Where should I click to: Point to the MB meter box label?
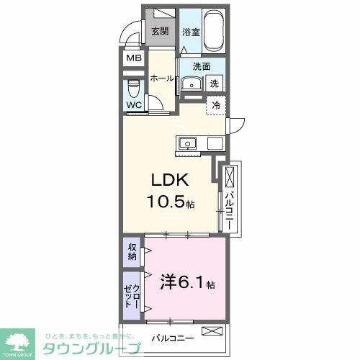[x=134, y=58]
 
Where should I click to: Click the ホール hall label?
[x=162, y=79]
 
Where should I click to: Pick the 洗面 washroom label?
[x=202, y=67]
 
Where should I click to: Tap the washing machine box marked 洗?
[x=215, y=84]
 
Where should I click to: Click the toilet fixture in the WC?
[x=133, y=91]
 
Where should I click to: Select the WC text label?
[x=134, y=105]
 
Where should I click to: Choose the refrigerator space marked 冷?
[x=216, y=104]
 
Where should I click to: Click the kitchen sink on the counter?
[x=188, y=142]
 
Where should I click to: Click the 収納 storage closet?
[x=132, y=252]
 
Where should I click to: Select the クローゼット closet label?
[x=132, y=294]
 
